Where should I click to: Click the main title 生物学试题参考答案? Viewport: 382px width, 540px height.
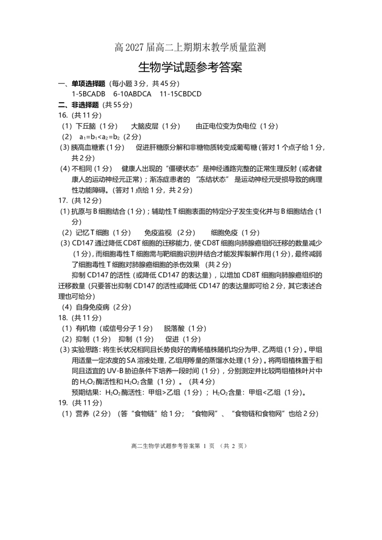coord(190,67)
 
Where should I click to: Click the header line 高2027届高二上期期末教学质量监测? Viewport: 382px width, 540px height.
coord(190,47)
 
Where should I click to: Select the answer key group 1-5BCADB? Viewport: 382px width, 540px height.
coord(88,94)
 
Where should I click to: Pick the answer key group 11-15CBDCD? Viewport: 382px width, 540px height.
coord(180,94)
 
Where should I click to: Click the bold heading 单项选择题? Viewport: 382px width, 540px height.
coord(88,83)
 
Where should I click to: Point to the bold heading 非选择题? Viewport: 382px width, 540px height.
coord(85,104)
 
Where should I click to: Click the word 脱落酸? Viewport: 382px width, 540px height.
coord(174,328)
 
